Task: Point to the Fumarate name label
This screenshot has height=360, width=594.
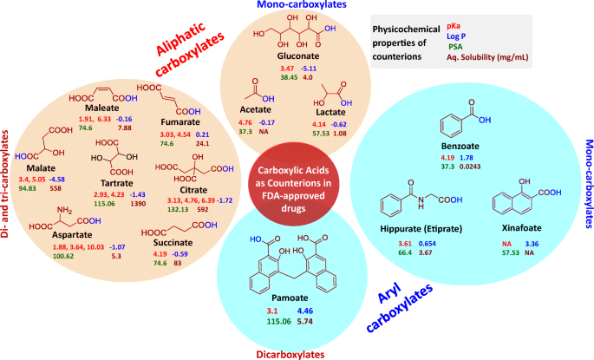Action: click(178, 122)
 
